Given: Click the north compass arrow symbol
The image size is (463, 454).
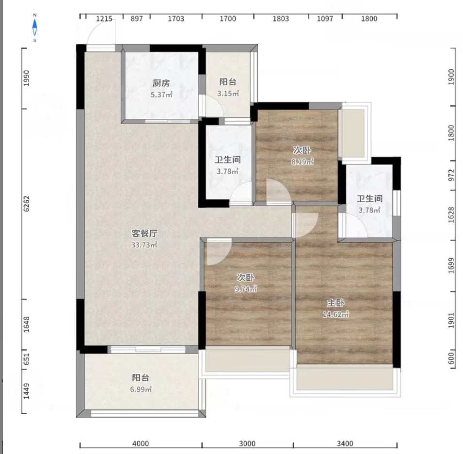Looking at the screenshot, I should (35, 28).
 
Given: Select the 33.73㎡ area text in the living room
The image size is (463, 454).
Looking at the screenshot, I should (144, 245).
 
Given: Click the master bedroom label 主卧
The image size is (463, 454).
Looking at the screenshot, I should (335, 303).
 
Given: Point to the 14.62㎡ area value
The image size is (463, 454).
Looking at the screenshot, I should (335, 314).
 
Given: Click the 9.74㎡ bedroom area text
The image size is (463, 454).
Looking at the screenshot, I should (246, 289).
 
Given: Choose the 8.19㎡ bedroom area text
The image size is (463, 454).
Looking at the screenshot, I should (302, 162).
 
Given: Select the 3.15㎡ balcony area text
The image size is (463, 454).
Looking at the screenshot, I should (228, 94).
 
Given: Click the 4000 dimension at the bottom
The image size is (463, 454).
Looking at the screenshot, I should (141, 443).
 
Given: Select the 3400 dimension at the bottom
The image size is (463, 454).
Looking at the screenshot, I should (345, 443).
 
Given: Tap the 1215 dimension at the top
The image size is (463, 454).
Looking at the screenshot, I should (104, 19).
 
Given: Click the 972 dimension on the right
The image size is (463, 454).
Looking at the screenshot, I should (451, 175).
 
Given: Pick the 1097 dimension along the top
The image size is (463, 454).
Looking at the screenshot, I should (325, 19).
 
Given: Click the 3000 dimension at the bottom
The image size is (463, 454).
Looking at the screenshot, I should (247, 443).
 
